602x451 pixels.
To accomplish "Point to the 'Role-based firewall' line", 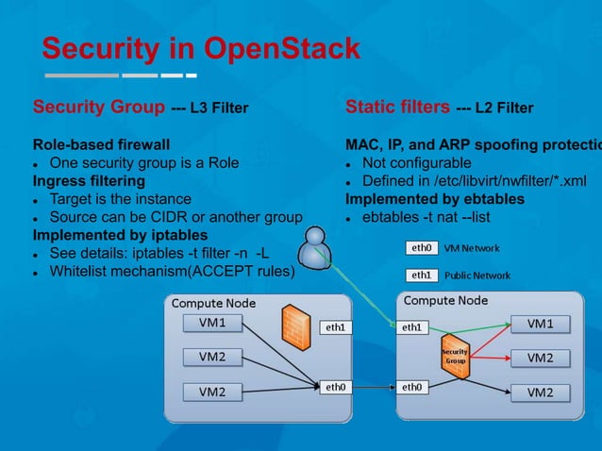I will tap(102, 145).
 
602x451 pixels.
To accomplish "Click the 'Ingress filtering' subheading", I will tap(90, 179).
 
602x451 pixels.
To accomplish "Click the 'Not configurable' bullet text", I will tap(418, 163).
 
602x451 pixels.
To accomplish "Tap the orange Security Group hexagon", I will tap(456, 356).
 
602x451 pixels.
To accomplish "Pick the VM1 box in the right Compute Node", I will tap(539, 324).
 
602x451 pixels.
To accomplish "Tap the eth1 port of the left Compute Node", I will tap(336, 327).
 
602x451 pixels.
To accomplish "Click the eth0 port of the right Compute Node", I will tap(413, 386).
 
